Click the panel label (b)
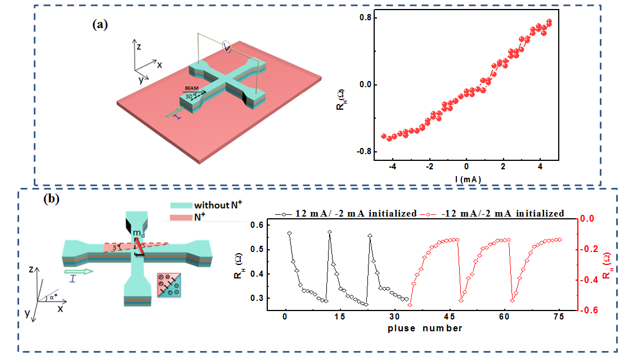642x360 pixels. pyautogui.click(x=52, y=199)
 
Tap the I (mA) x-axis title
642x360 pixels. pyautogui.click(x=467, y=179)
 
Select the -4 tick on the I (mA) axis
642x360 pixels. pyautogui.click(x=392, y=167)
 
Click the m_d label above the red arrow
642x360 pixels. pyautogui.click(x=137, y=232)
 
